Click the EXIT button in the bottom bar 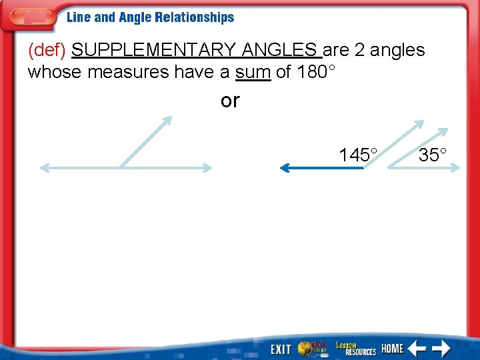(x=281, y=349)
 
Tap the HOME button (x=393, y=348)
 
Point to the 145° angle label (x=358, y=155)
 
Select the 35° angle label (x=433, y=155)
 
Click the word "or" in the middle (x=230, y=101)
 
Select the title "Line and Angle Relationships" (x=150, y=18)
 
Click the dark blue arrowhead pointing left (x=283, y=169)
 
